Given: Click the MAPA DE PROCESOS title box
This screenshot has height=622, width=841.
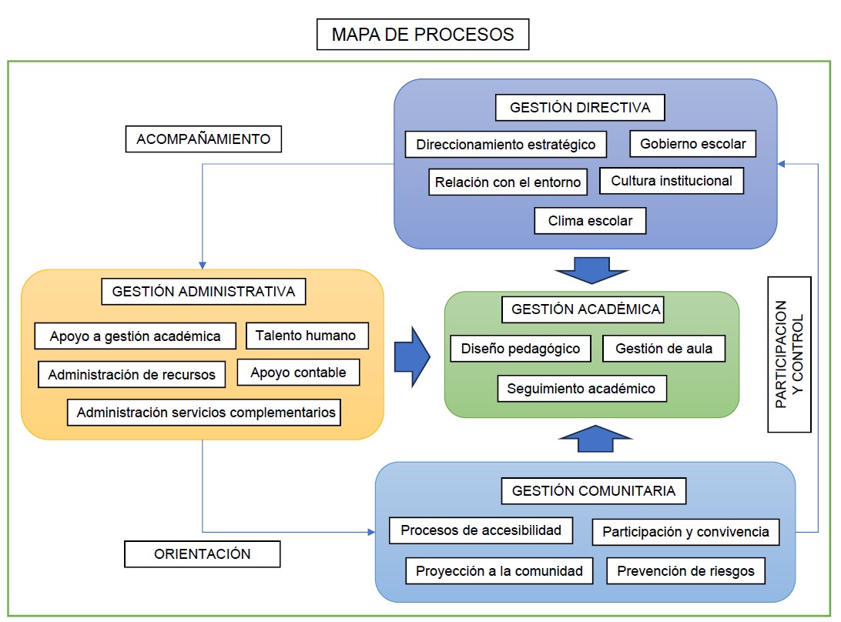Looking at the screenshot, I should pos(423,35).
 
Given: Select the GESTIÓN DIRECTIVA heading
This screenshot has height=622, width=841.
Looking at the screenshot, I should pos(580,108).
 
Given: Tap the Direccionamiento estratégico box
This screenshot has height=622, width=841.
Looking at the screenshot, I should pos(505,144).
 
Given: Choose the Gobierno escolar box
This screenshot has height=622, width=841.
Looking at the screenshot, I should pos(693,143).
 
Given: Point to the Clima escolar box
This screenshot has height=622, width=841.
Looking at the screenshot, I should pos(590,221).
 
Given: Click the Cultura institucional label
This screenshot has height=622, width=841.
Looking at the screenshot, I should pos(672,181).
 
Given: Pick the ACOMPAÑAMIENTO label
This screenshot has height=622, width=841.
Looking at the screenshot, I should pos(203,139).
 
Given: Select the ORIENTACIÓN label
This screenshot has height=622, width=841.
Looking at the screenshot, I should pos(203,553).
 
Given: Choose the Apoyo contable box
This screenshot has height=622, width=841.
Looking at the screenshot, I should pos(298,373).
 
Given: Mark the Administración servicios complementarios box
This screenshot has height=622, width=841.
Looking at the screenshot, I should pos(206,412).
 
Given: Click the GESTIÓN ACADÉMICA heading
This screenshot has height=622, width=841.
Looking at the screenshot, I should pos(586,309).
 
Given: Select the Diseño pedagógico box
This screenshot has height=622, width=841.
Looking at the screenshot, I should pos(521,349).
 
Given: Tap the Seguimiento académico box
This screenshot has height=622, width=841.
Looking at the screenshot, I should pos(581,389).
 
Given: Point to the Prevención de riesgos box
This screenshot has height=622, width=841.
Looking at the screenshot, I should pos(686,571).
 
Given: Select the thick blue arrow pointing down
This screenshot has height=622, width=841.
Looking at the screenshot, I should pos(592,269).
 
